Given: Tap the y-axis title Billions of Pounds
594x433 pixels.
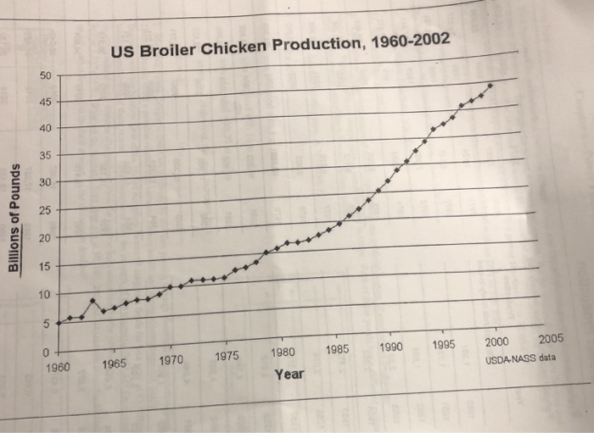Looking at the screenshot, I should (14, 217).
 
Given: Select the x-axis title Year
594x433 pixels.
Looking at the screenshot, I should (289, 374).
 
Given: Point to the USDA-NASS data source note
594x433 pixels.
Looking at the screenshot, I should (520, 358).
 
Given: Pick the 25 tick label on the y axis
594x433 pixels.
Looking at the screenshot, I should (45, 210).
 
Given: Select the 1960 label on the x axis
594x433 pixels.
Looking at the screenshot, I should (59, 367).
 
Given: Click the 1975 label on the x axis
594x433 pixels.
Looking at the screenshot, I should (227, 357).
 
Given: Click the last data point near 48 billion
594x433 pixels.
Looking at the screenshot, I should (490, 86).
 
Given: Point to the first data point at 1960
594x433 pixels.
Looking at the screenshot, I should (59, 323).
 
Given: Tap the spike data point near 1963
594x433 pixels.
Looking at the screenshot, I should (92, 301).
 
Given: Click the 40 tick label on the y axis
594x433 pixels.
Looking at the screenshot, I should (45, 128).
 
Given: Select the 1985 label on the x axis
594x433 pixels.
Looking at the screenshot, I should (337, 350).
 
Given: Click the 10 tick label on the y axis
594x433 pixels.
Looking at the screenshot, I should (45, 294).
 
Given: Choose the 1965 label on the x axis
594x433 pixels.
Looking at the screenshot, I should (115, 364).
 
